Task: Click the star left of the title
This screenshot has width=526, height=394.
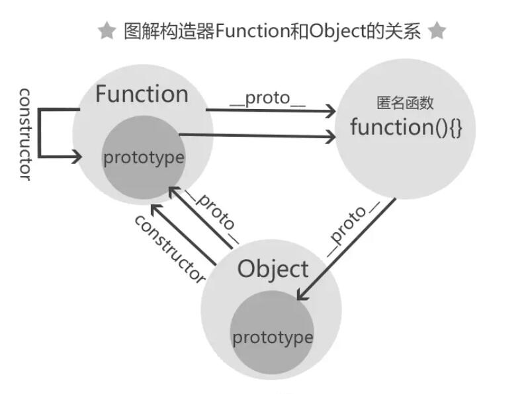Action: (x=107, y=30)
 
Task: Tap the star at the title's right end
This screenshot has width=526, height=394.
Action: (x=437, y=30)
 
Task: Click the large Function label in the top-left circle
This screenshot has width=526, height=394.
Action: (x=142, y=94)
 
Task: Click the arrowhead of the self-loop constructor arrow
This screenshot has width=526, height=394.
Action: (x=77, y=157)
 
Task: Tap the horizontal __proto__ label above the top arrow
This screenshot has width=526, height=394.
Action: (x=268, y=99)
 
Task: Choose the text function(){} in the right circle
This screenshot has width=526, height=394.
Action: (x=405, y=127)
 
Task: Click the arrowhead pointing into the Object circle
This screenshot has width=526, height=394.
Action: (x=302, y=295)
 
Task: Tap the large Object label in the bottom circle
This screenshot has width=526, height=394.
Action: (x=273, y=269)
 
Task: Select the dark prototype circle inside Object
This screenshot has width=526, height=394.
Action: (x=272, y=334)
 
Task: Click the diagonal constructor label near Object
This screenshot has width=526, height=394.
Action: (x=170, y=248)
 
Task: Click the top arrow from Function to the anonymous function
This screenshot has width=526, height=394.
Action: (x=271, y=111)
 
